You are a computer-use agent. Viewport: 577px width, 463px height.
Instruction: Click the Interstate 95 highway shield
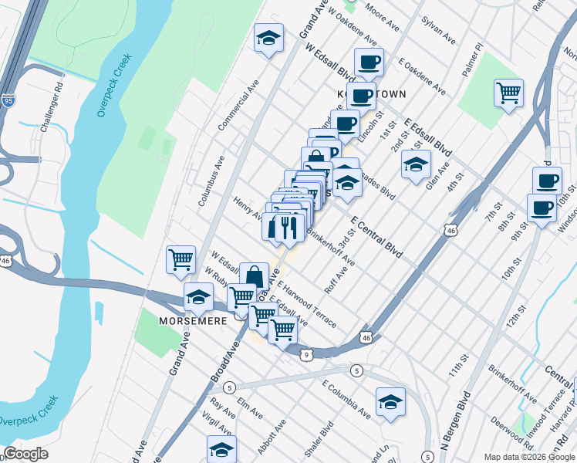[8, 100]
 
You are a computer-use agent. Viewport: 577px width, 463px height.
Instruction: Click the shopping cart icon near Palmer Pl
[508, 94]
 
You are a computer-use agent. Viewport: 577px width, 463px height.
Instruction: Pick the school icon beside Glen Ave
[416, 165]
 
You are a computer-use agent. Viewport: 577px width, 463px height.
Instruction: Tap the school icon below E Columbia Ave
[390, 402]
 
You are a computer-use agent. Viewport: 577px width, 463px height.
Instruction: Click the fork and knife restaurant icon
[288, 228]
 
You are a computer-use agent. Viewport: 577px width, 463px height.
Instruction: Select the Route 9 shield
[306, 354]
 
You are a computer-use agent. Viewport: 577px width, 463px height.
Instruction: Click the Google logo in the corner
[25, 454]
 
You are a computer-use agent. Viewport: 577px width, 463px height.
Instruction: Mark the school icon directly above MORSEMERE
[198, 296]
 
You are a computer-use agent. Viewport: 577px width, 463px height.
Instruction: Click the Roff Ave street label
[340, 275]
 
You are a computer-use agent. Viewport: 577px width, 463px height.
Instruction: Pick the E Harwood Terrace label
[309, 305]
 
